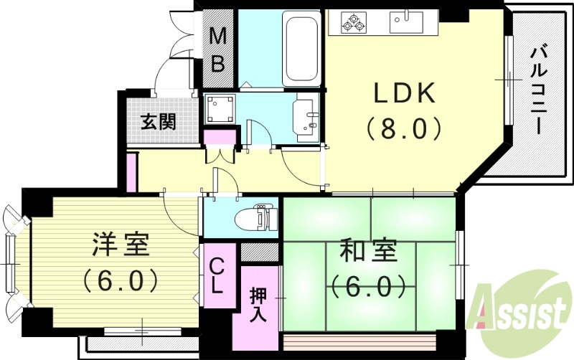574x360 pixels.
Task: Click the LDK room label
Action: coord(403,93)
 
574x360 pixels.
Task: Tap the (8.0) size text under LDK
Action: coord(403,128)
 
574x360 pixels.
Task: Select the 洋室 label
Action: coord(120,245)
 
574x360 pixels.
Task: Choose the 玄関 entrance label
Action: coord(158,121)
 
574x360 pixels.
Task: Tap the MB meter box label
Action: coord(217,49)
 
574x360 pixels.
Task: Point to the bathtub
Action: coord(301,47)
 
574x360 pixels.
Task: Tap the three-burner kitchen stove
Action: coord(352,22)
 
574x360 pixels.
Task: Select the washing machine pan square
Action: coord(220,110)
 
